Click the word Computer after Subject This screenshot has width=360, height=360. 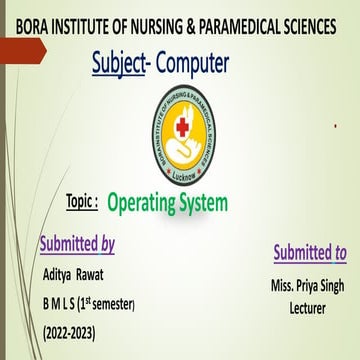click(x=194, y=64)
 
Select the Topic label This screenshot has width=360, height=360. click(x=81, y=199)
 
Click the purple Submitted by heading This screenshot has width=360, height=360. click(x=76, y=243)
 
